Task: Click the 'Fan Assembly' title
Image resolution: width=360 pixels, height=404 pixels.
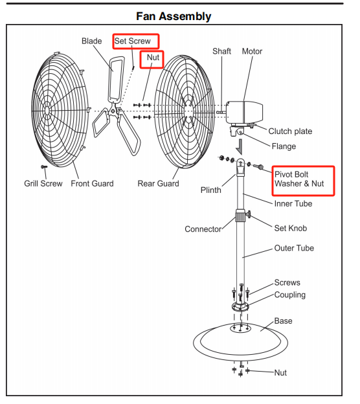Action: click(174, 16)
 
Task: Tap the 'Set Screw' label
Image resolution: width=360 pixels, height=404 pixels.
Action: click(133, 41)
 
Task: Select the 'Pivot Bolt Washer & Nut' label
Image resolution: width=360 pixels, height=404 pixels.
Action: click(299, 179)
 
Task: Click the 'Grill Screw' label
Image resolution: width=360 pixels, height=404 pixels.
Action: click(43, 183)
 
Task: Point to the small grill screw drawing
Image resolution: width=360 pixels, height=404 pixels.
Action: click(44, 167)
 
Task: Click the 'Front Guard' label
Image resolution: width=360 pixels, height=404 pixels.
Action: click(92, 183)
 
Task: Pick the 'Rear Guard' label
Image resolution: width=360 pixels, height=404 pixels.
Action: click(158, 183)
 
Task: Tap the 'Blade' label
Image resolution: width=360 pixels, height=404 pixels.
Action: click(92, 41)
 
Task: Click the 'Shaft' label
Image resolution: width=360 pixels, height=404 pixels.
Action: click(221, 51)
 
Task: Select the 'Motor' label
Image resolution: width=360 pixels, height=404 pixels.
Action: click(252, 51)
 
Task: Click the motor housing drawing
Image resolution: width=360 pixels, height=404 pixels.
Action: click(244, 113)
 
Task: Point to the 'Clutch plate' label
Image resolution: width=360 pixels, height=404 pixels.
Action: click(290, 131)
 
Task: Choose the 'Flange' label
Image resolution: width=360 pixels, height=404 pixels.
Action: click(284, 146)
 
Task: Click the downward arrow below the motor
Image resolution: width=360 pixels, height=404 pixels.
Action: click(240, 147)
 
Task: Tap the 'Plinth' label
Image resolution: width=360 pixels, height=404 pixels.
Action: click(211, 190)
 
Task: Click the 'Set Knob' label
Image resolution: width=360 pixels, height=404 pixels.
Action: click(291, 229)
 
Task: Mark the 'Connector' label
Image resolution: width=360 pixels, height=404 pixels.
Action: click(203, 229)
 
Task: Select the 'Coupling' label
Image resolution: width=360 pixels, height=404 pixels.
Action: click(290, 295)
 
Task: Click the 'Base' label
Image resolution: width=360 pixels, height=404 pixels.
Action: click(283, 320)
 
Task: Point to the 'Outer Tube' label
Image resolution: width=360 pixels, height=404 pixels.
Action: click(294, 248)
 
